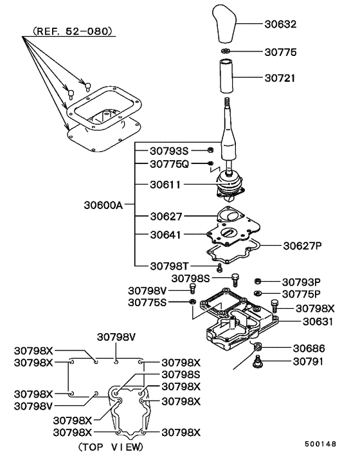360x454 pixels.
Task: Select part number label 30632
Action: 281,26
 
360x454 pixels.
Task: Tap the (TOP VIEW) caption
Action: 111,446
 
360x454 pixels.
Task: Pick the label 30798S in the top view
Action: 181,374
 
